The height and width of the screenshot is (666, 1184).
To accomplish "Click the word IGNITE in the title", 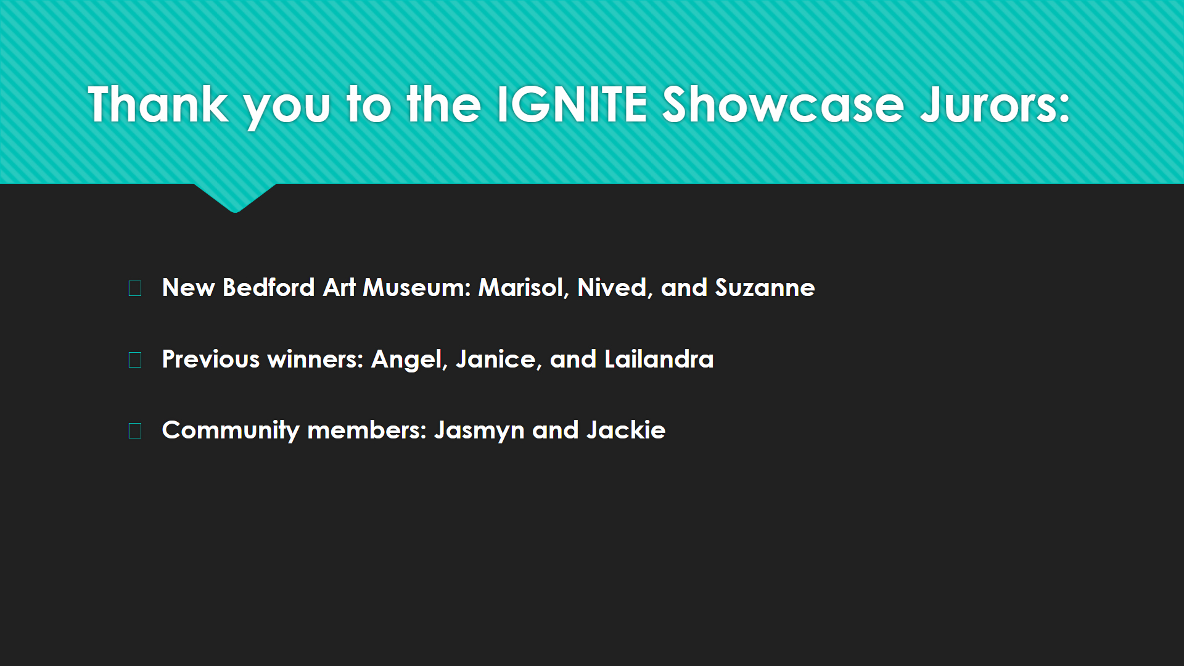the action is pyautogui.click(x=572, y=105).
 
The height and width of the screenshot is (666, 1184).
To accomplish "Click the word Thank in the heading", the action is pyautogui.click(x=158, y=105).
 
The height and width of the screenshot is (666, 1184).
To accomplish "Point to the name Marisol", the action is pyautogui.click(x=521, y=288).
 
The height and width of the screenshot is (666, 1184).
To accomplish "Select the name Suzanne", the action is pyautogui.click(x=765, y=288).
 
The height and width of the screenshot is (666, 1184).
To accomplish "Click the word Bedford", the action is pyautogui.click(x=269, y=288).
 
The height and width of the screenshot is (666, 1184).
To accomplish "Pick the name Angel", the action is pyautogui.click(x=407, y=360).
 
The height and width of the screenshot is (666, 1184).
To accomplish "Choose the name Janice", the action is pyautogui.click(x=496, y=360).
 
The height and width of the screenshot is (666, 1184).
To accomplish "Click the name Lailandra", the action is pyautogui.click(x=659, y=360).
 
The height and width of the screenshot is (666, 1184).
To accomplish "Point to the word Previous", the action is pyautogui.click(x=211, y=360).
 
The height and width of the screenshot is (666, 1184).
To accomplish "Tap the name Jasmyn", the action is pyautogui.click(x=479, y=430).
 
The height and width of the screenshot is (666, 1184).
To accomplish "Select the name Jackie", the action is pyautogui.click(x=626, y=430).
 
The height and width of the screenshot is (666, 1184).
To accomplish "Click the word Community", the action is pyautogui.click(x=231, y=430).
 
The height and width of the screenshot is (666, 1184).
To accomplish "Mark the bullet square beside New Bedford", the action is pyautogui.click(x=135, y=288).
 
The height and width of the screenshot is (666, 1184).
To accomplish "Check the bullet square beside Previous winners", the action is pyautogui.click(x=135, y=360).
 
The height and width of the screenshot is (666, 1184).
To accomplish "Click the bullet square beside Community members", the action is pyautogui.click(x=135, y=430).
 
